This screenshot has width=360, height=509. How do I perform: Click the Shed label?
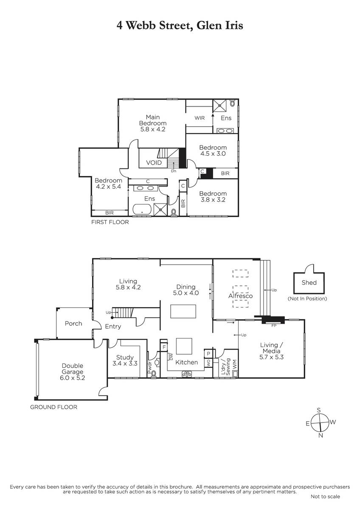[309, 282]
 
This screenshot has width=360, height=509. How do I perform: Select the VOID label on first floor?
[154, 163]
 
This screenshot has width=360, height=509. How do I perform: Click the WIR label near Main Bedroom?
[200, 118]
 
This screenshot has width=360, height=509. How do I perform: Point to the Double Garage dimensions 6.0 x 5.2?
[72, 378]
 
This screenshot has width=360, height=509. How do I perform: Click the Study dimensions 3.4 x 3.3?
[125, 364]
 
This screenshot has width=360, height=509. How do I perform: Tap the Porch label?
[73, 324]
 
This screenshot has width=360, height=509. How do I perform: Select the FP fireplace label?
[274, 326]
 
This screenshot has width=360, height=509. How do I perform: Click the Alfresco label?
[240, 296]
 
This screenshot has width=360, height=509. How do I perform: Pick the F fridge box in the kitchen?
[164, 347]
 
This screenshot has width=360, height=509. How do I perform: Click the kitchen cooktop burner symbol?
[187, 374]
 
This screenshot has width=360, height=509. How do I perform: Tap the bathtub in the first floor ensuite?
[142, 210]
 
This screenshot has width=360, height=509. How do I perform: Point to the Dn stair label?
[174, 171]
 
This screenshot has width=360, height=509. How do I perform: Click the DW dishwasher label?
[171, 357]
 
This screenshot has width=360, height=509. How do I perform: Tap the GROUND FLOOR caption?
[53, 407]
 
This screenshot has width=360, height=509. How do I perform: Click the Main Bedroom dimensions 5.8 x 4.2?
[152, 129]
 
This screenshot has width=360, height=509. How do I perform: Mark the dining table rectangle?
[183, 311]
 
